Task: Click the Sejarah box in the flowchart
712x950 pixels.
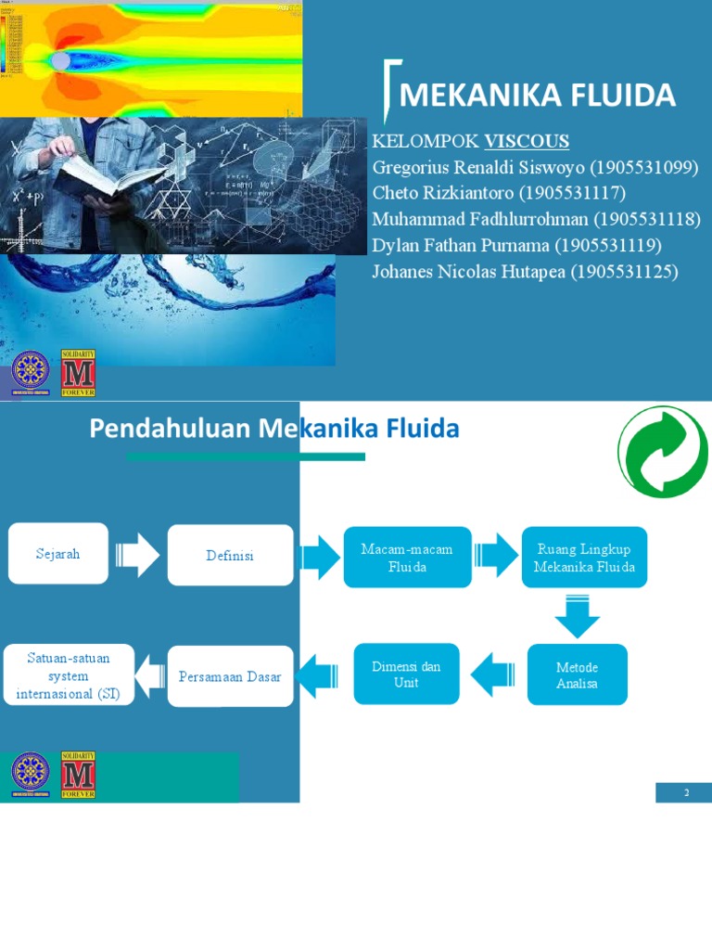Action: tap(58, 554)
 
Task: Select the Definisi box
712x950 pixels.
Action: tap(230, 555)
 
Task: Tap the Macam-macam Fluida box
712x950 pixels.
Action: tap(407, 558)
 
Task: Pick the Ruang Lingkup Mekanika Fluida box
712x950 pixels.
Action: tap(584, 558)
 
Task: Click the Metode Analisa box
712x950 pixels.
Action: tap(577, 675)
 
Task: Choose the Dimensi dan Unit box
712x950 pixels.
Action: tap(406, 674)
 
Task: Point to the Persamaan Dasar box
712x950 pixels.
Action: tap(230, 676)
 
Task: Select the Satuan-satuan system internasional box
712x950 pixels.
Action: tap(68, 675)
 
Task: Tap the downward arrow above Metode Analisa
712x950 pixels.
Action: tap(578, 615)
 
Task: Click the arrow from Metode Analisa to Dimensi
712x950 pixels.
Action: tap(493, 674)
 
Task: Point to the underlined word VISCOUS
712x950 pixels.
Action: tap(527, 141)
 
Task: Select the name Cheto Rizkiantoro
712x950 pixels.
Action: tap(443, 193)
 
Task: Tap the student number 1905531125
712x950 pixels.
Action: tap(627, 271)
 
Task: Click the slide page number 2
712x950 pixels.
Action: tap(687, 793)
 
